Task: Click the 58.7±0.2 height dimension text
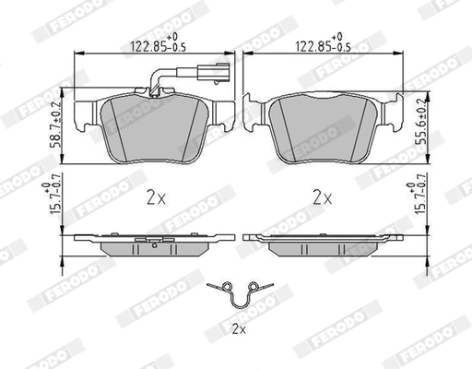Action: pyautogui.click(x=56, y=125)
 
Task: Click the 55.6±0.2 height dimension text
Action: pyautogui.click(x=420, y=122)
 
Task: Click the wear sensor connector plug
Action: pyautogui.click(x=214, y=73)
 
